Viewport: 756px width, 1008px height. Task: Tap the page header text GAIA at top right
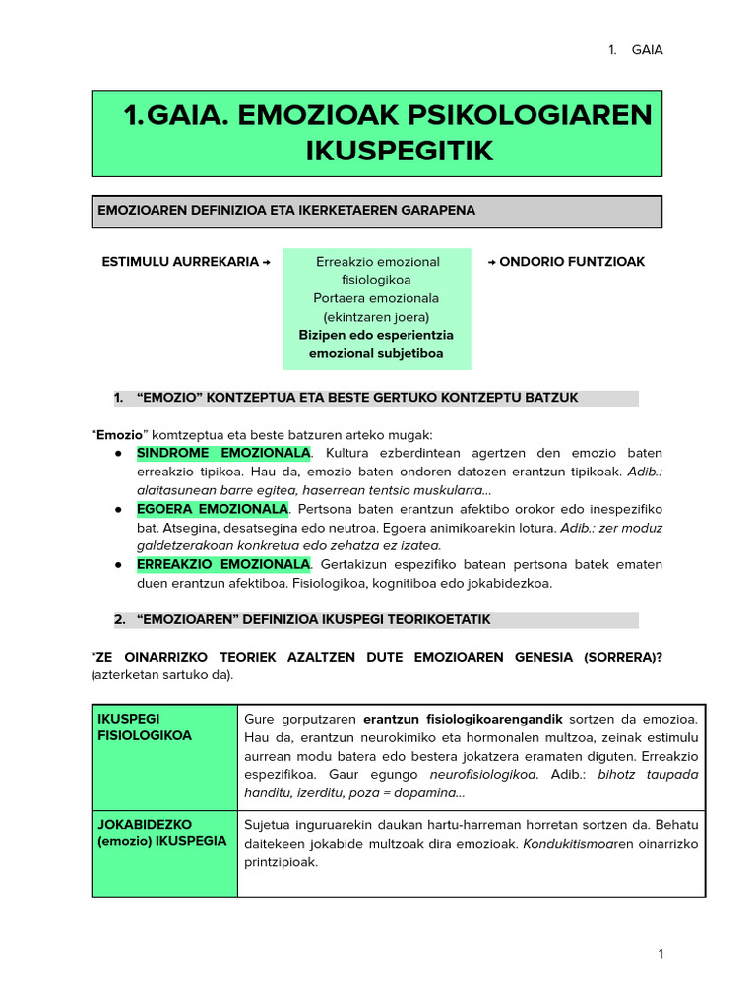[x=647, y=50]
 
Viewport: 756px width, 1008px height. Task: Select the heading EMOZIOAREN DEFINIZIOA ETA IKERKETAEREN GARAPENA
[x=285, y=210]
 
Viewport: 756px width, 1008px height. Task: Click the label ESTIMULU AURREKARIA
[x=180, y=262]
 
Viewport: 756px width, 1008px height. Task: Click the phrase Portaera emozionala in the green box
[x=376, y=297]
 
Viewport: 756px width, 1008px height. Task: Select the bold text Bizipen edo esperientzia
[x=376, y=335]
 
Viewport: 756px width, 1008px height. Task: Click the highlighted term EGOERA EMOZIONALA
[x=213, y=509]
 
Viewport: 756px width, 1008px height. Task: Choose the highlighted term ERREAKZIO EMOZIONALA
[x=223, y=564]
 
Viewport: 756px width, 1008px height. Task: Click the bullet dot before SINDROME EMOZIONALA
[x=118, y=453]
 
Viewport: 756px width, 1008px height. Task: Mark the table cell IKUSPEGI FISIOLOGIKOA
[x=144, y=726]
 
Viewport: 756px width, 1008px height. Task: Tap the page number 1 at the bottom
[x=661, y=954]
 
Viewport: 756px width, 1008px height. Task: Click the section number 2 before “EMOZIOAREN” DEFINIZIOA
[x=119, y=619]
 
